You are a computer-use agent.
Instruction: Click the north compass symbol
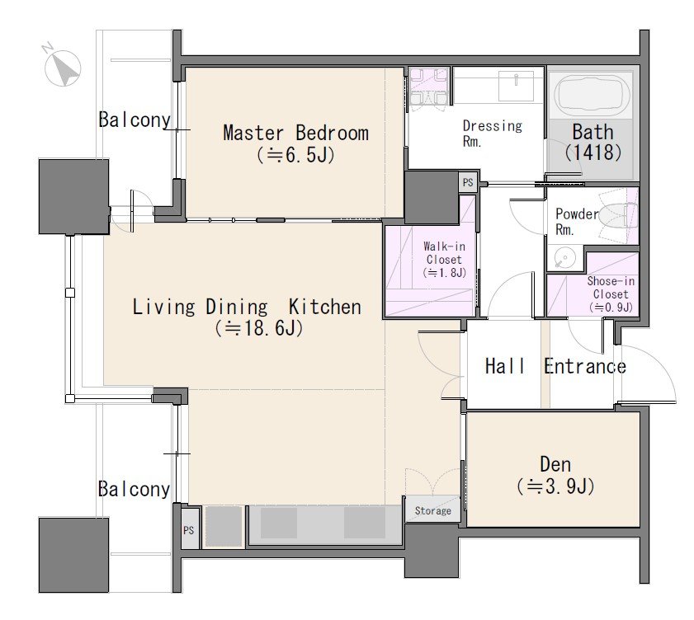point(62,67)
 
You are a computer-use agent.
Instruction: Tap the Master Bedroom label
point(295,133)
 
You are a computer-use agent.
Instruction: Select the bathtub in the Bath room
point(592,96)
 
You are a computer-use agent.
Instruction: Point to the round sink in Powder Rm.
point(564,257)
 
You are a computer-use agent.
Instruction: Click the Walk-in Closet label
point(444,252)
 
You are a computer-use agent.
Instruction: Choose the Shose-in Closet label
point(611,288)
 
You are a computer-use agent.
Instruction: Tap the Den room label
point(555,464)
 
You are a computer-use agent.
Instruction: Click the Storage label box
point(432,510)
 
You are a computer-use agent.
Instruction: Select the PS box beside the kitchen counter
point(189,530)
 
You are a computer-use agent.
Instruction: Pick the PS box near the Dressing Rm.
point(468,181)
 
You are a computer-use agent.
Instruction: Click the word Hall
point(505,366)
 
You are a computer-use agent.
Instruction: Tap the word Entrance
point(585,366)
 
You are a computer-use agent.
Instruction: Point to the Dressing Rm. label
point(493,133)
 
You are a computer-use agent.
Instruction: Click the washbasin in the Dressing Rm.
point(516,87)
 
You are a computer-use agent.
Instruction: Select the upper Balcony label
point(135,120)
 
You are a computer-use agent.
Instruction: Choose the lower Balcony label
point(135,489)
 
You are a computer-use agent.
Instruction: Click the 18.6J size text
point(259,329)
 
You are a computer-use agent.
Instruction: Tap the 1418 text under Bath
point(593,153)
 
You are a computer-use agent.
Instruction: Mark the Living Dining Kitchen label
point(247,307)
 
